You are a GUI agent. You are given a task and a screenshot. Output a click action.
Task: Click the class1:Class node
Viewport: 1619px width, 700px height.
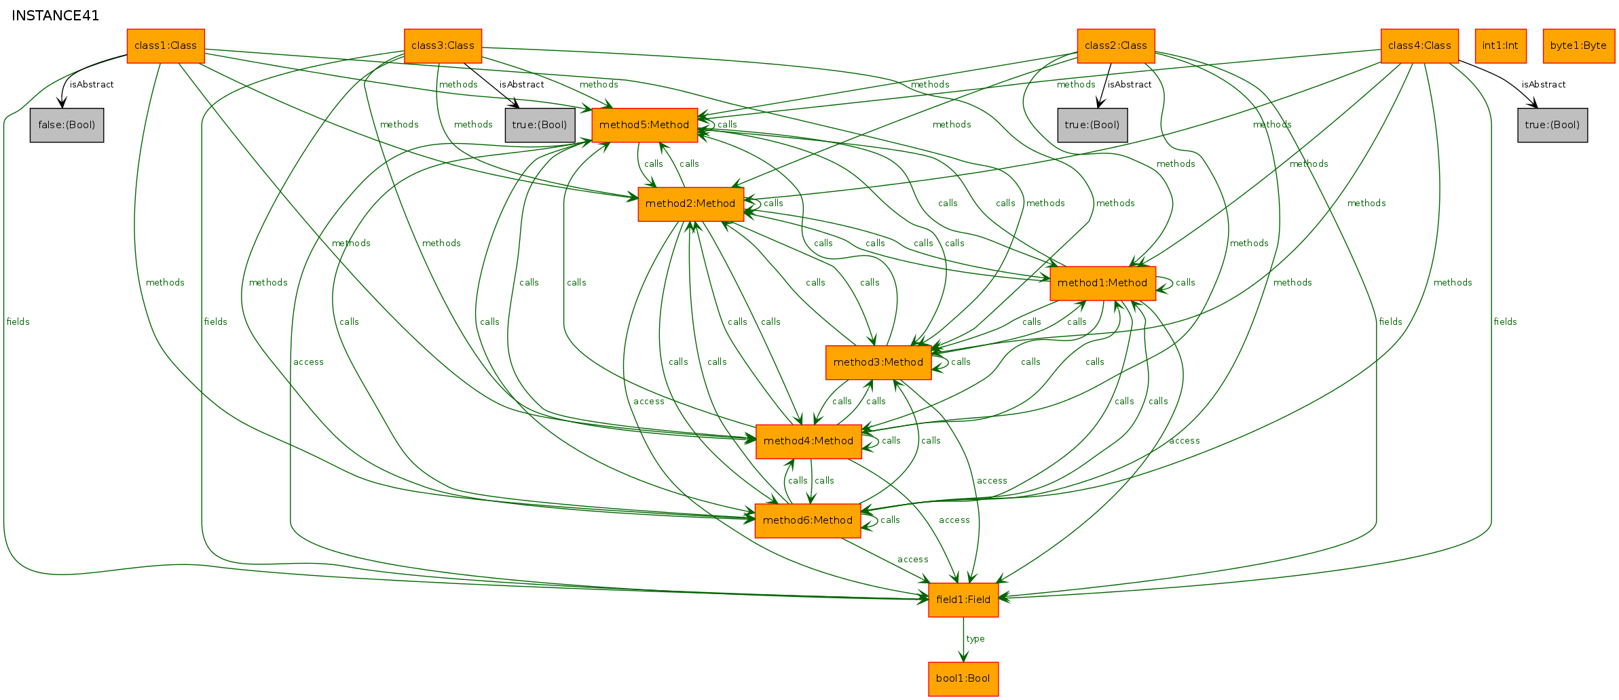tap(166, 46)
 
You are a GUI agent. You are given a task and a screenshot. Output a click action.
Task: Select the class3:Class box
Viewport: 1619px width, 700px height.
tap(443, 46)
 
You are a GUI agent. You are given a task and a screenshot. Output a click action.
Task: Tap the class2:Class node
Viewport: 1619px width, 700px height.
tap(1116, 46)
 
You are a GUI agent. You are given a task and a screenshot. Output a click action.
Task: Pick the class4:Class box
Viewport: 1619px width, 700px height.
tap(1419, 46)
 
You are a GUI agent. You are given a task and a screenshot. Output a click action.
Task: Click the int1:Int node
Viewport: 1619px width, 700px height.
tap(1500, 46)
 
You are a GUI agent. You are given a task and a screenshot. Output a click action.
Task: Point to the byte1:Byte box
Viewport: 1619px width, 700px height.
tap(1578, 46)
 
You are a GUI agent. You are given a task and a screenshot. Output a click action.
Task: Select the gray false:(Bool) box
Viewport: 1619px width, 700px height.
tap(67, 125)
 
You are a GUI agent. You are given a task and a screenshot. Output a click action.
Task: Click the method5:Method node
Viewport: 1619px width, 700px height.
tap(644, 125)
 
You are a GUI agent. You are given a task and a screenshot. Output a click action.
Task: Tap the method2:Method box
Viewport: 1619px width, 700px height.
tap(690, 204)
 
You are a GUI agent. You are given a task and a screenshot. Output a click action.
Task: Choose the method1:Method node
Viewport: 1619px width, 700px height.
tap(1102, 284)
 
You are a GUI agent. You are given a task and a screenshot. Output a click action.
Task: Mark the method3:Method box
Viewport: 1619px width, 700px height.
tap(878, 362)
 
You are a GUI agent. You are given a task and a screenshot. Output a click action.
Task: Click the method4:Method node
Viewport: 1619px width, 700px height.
tap(808, 442)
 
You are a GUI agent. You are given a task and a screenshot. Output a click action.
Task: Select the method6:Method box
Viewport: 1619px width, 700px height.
tap(808, 521)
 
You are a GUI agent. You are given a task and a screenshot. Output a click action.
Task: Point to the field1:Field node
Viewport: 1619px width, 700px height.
tap(963, 600)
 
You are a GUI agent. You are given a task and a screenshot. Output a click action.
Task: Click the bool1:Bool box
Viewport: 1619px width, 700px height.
tap(963, 679)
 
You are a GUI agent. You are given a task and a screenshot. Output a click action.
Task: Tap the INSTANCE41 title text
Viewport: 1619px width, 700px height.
tap(56, 16)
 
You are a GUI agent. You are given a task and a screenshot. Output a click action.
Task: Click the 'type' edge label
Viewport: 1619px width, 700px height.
tap(975, 639)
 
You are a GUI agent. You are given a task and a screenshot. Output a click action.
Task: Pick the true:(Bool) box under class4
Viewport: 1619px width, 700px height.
tap(1552, 125)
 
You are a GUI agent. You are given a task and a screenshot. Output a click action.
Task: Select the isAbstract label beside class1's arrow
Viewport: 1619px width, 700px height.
tap(92, 85)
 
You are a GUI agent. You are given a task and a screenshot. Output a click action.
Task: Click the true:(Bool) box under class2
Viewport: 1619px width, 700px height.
tap(1092, 125)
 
